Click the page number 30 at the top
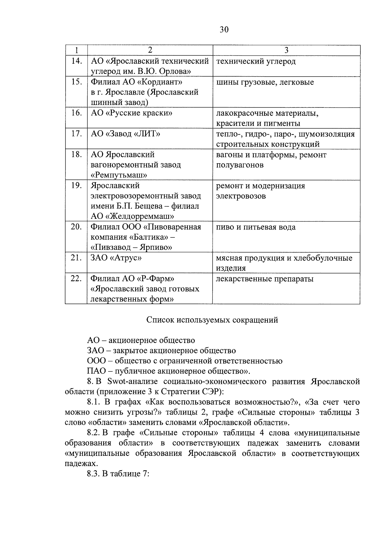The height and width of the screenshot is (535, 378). (x=224, y=30)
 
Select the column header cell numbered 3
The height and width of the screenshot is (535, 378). (x=286, y=50)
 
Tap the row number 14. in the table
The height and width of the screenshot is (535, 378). (x=76, y=61)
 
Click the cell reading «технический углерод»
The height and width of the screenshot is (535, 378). (x=256, y=61)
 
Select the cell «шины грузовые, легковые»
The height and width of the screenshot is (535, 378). (x=265, y=83)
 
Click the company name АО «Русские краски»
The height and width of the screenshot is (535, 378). (x=131, y=113)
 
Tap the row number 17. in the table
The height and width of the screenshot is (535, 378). (x=76, y=134)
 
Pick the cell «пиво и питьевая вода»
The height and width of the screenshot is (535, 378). (x=256, y=227)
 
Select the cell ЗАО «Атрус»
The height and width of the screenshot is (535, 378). (x=116, y=258)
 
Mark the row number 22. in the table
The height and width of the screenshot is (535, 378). (x=76, y=279)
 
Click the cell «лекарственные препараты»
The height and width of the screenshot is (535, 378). (x=265, y=279)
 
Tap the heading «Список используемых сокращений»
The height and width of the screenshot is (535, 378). (x=212, y=320)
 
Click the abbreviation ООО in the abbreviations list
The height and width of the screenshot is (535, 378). (x=96, y=361)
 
